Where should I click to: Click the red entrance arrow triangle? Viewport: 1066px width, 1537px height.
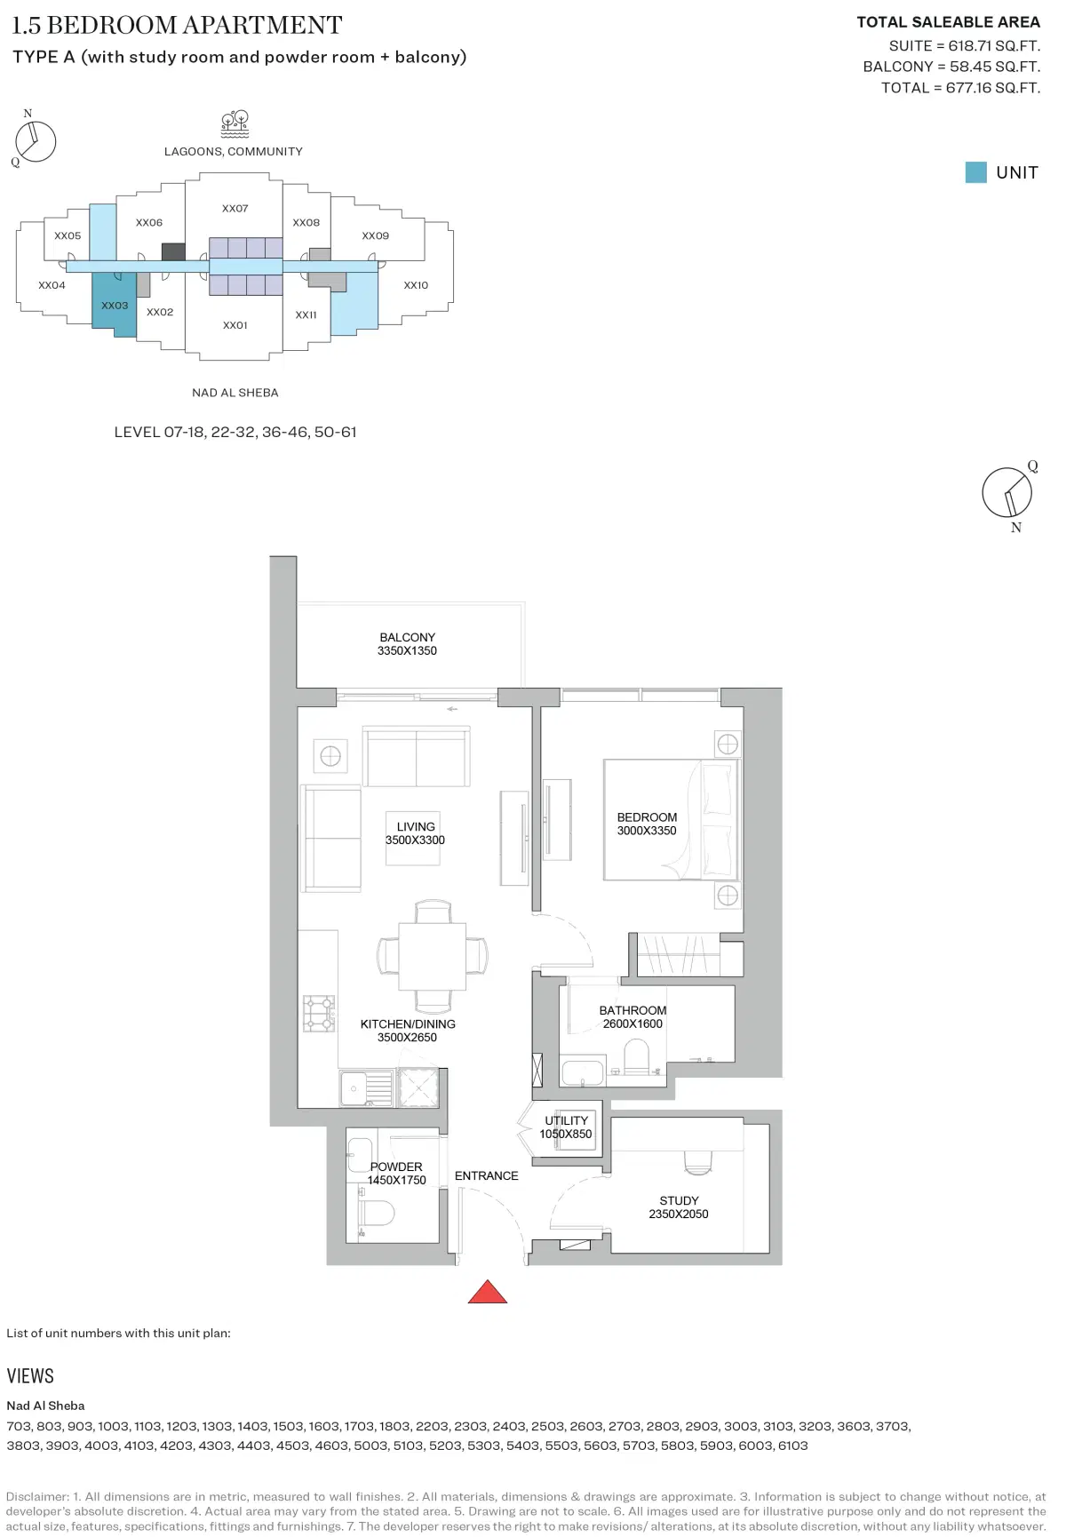click(x=487, y=1293)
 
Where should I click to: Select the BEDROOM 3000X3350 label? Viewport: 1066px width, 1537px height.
click(x=647, y=824)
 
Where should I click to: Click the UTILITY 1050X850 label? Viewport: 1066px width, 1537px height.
click(x=566, y=1127)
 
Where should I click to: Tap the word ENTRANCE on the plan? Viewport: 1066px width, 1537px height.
click(x=486, y=1175)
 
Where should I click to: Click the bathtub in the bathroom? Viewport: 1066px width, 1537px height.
click(x=583, y=1072)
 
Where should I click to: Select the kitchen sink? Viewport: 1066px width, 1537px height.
click(x=354, y=1087)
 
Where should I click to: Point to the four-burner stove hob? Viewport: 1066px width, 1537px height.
click(x=319, y=1013)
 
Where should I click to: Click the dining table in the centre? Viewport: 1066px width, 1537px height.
click(x=432, y=956)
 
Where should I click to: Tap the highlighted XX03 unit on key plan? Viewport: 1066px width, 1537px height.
click(x=115, y=305)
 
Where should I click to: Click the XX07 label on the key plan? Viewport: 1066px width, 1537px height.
click(x=235, y=209)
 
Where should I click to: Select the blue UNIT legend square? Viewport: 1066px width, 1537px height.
click(x=975, y=172)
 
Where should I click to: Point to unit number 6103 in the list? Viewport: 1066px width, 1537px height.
click(x=792, y=1445)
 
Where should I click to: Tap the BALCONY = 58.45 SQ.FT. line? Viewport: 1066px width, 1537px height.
click(x=951, y=67)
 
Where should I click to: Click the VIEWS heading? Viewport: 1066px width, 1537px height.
click(x=30, y=1376)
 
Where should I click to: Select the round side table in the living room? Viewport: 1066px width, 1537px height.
click(x=330, y=756)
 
